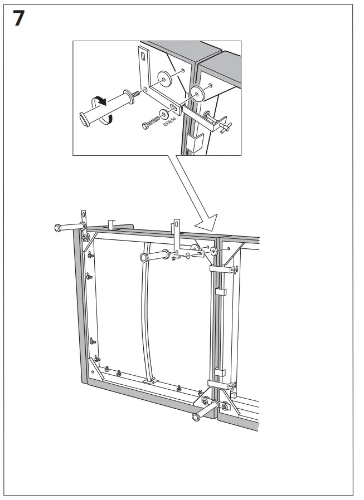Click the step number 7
tap(17, 19)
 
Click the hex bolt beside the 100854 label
tap(148, 123)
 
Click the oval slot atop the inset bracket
tap(144, 56)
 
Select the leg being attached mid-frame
tap(154, 257)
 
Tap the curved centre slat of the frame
tap(146, 312)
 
